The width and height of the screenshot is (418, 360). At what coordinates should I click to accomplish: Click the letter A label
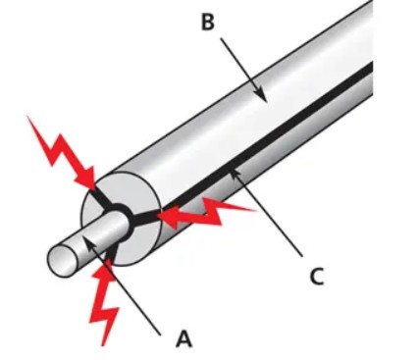point(183,338)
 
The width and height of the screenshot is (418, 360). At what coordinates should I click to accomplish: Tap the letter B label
point(208,23)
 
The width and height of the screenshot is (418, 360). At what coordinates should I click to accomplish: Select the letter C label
point(317,277)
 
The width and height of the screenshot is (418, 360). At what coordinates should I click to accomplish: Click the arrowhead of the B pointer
point(262,95)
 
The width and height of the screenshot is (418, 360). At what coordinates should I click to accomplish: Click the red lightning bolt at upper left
point(62,153)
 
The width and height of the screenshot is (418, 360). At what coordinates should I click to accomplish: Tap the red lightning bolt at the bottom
point(104,301)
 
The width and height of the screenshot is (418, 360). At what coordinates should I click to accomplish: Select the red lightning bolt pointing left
point(206,213)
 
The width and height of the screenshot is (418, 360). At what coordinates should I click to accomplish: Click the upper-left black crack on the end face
point(101,199)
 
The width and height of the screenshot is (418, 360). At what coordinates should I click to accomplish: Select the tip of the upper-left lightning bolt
point(94,189)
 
